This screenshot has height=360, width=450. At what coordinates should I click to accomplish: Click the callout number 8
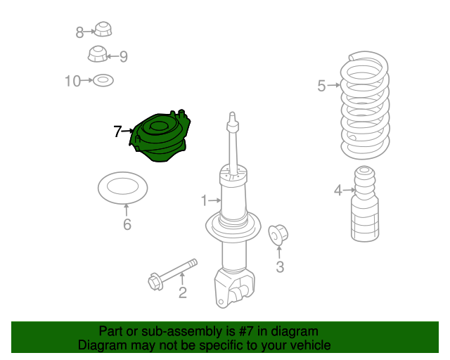coord(79,32)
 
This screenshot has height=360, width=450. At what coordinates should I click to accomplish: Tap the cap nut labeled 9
coord(97,53)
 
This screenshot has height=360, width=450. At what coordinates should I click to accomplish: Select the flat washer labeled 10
coord(103,81)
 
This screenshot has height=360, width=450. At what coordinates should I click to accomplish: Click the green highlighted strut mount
coord(160,136)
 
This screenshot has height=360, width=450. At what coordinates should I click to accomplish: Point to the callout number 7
coord(117,131)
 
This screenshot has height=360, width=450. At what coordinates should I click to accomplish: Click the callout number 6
coord(127,224)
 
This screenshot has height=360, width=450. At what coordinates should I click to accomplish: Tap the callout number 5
coord(321,86)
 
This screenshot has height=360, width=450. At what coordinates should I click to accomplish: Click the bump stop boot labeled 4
coord(365,204)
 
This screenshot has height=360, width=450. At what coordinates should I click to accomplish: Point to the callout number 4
coord(338,191)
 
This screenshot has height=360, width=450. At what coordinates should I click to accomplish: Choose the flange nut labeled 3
coord(278,235)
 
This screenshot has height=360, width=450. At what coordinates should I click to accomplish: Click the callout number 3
coord(280,266)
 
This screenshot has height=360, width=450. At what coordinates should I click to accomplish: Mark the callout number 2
coord(183,292)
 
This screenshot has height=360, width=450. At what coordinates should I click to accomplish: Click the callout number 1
coord(204,200)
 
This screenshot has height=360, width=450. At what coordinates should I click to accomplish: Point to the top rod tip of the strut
coord(233,115)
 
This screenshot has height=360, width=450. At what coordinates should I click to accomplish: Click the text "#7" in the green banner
coord(246,331)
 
